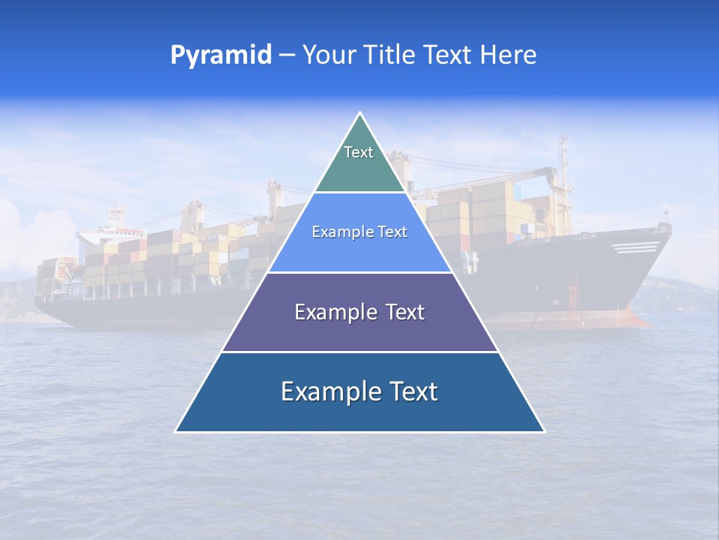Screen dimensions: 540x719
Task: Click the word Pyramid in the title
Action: (x=221, y=55)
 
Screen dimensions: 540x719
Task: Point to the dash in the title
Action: (x=286, y=55)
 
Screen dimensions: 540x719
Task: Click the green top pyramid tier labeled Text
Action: (x=359, y=161)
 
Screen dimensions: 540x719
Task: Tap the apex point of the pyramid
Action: (x=360, y=114)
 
